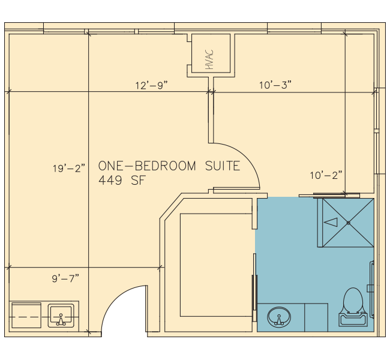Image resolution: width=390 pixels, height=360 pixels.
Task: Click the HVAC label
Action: click(209, 59)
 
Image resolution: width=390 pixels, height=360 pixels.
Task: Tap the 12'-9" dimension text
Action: click(152, 86)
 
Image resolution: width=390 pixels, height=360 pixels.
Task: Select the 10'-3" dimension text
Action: click(275, 85)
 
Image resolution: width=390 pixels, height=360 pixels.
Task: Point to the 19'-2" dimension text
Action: click(69, 169)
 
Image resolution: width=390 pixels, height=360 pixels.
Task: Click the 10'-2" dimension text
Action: click(326, 175)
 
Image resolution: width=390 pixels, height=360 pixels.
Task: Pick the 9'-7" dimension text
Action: click(65, 278)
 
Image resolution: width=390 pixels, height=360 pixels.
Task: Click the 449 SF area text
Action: click(122, 181)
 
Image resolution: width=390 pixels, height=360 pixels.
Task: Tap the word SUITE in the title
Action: click(223, 166)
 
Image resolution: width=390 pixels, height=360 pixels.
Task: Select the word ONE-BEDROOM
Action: click(147, 166)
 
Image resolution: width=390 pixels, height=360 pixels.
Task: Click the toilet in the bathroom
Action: click(353, 307)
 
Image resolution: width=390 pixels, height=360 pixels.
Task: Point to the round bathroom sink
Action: click(279, 317)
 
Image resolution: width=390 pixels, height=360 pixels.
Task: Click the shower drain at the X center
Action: click(348, 223)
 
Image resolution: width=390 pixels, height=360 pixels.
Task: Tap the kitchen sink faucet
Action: click(61, 320)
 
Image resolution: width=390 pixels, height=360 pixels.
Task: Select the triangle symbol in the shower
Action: click(331, 222)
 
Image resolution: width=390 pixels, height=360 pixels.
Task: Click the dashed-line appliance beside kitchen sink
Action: click(26, 315)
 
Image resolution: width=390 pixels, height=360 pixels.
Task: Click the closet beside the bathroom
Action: click(215, 265)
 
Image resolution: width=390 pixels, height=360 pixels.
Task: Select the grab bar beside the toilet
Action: click(372, 289)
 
